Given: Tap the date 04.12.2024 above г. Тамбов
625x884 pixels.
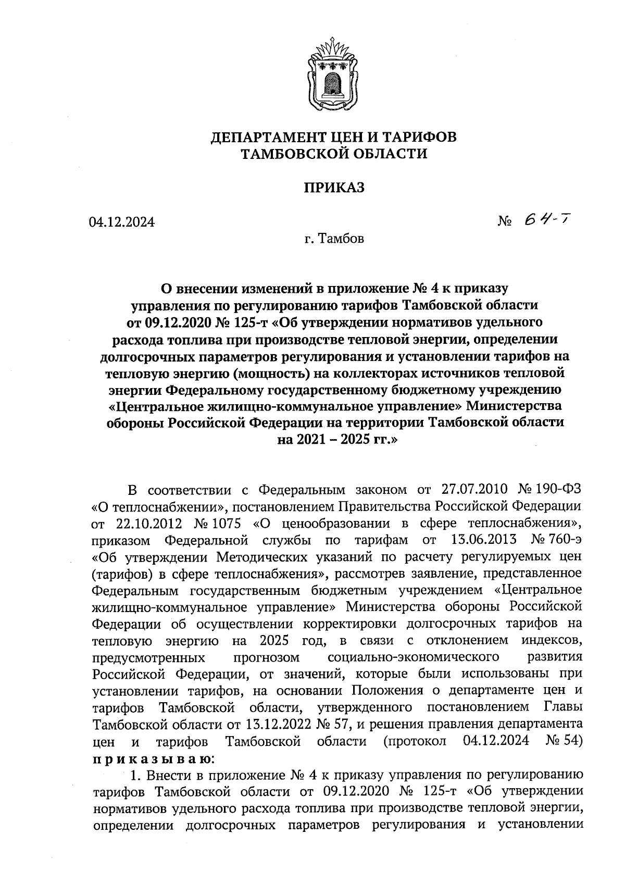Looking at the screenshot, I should [122, 222].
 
